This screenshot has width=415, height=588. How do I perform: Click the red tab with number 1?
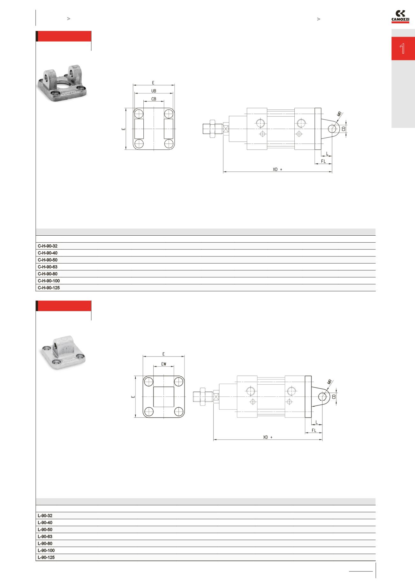403,49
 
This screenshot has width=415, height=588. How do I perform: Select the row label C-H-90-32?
48,246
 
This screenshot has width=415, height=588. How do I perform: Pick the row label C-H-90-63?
48,267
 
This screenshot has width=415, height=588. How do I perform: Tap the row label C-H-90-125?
49,288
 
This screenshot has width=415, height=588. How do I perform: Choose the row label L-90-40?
45,523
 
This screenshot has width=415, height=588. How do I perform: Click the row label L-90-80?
45,544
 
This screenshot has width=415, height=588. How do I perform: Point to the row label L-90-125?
46,558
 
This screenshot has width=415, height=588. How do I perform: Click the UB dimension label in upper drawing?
154,91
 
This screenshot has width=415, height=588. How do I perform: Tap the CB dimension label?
154,99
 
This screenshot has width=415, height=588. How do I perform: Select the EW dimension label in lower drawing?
163,364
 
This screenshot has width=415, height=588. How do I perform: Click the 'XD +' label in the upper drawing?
277,169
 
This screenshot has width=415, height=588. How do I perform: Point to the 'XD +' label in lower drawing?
268,437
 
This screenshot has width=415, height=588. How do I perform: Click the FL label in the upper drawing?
323,161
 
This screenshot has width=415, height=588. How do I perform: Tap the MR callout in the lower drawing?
330,382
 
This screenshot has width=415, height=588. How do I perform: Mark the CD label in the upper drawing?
343,129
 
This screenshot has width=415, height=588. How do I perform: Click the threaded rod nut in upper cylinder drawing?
212,129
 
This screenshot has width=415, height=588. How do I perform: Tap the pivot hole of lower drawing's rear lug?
322,396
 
